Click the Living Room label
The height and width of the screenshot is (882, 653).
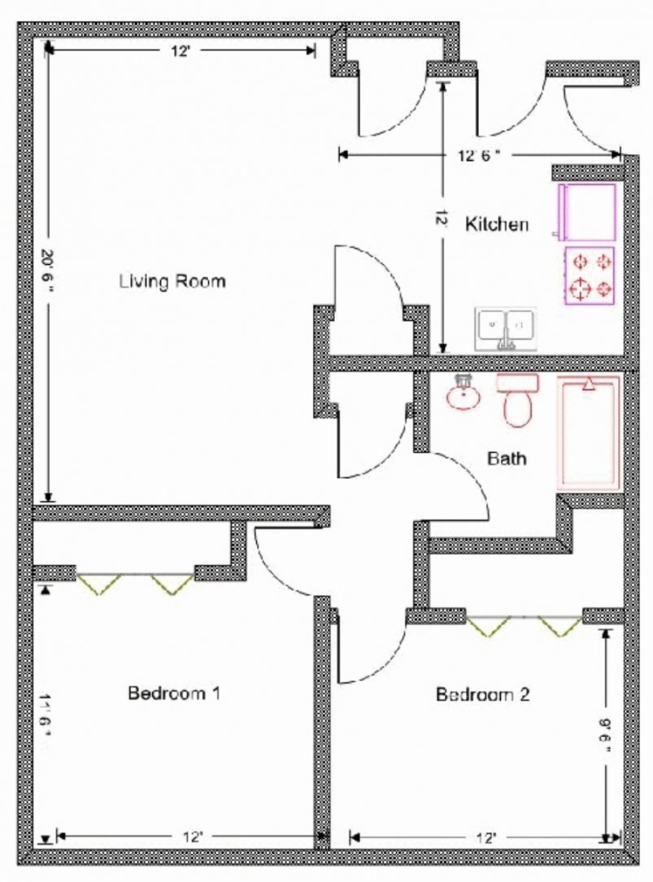[x=172, y=280]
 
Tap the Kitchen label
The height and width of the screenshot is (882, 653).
[x=497, y=224]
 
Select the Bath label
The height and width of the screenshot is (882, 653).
[x=507, y=458]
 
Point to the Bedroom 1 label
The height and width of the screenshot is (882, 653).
[x=174, y=693]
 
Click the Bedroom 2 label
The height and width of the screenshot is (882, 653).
[x=483, y=694]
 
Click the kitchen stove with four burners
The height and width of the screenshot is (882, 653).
[x=590, y=276]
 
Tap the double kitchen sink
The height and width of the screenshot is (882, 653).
[x=505, y=329]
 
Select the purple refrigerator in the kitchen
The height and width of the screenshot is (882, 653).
[x=586, y=211]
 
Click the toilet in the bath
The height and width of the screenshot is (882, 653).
[x=517, y=400]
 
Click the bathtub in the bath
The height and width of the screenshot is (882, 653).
[x=589, y=432]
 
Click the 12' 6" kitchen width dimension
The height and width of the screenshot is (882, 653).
[x=479, y=155]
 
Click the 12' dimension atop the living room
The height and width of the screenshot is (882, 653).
[x=181, y=51]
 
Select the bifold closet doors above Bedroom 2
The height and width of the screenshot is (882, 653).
[x=524, y=626]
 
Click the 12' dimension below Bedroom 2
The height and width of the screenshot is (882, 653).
[x=485, y=838]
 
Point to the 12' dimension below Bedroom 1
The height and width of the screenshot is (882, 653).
[x=193, y=837]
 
